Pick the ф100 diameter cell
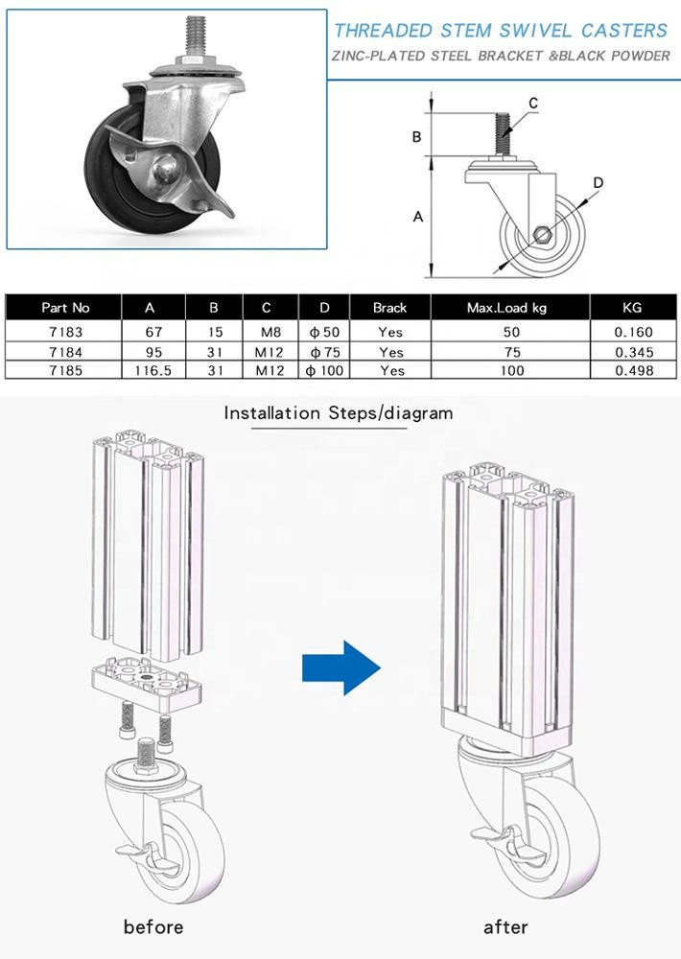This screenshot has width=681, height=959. click(x=325, y=370)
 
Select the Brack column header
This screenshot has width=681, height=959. click(x=390, y=308)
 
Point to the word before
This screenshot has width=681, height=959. click(x=153, y=926)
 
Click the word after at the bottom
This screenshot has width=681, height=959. click(x=505, y=926)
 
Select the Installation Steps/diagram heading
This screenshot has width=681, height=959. click(x=338, y=413)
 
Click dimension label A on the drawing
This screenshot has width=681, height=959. click(x=418, y=218)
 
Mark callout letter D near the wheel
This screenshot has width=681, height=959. click(x=597, y=182)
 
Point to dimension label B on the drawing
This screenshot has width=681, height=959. click(x=417, y=136)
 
